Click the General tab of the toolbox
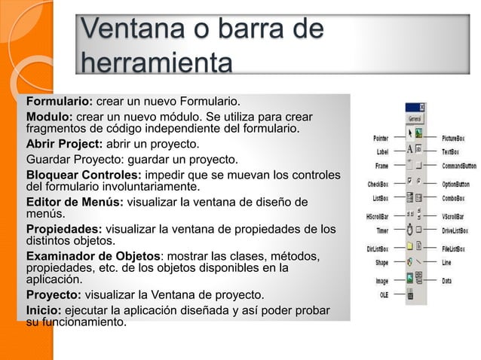415,119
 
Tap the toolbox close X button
422,108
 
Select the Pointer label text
381,138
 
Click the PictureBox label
453,139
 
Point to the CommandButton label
458,166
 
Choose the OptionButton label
455,184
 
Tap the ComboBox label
453,199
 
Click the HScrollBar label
377,217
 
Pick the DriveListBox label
456,231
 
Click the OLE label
384,295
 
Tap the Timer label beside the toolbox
382,231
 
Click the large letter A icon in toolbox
409,149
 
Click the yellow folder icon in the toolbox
409,246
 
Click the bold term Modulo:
50,117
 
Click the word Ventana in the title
127,31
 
